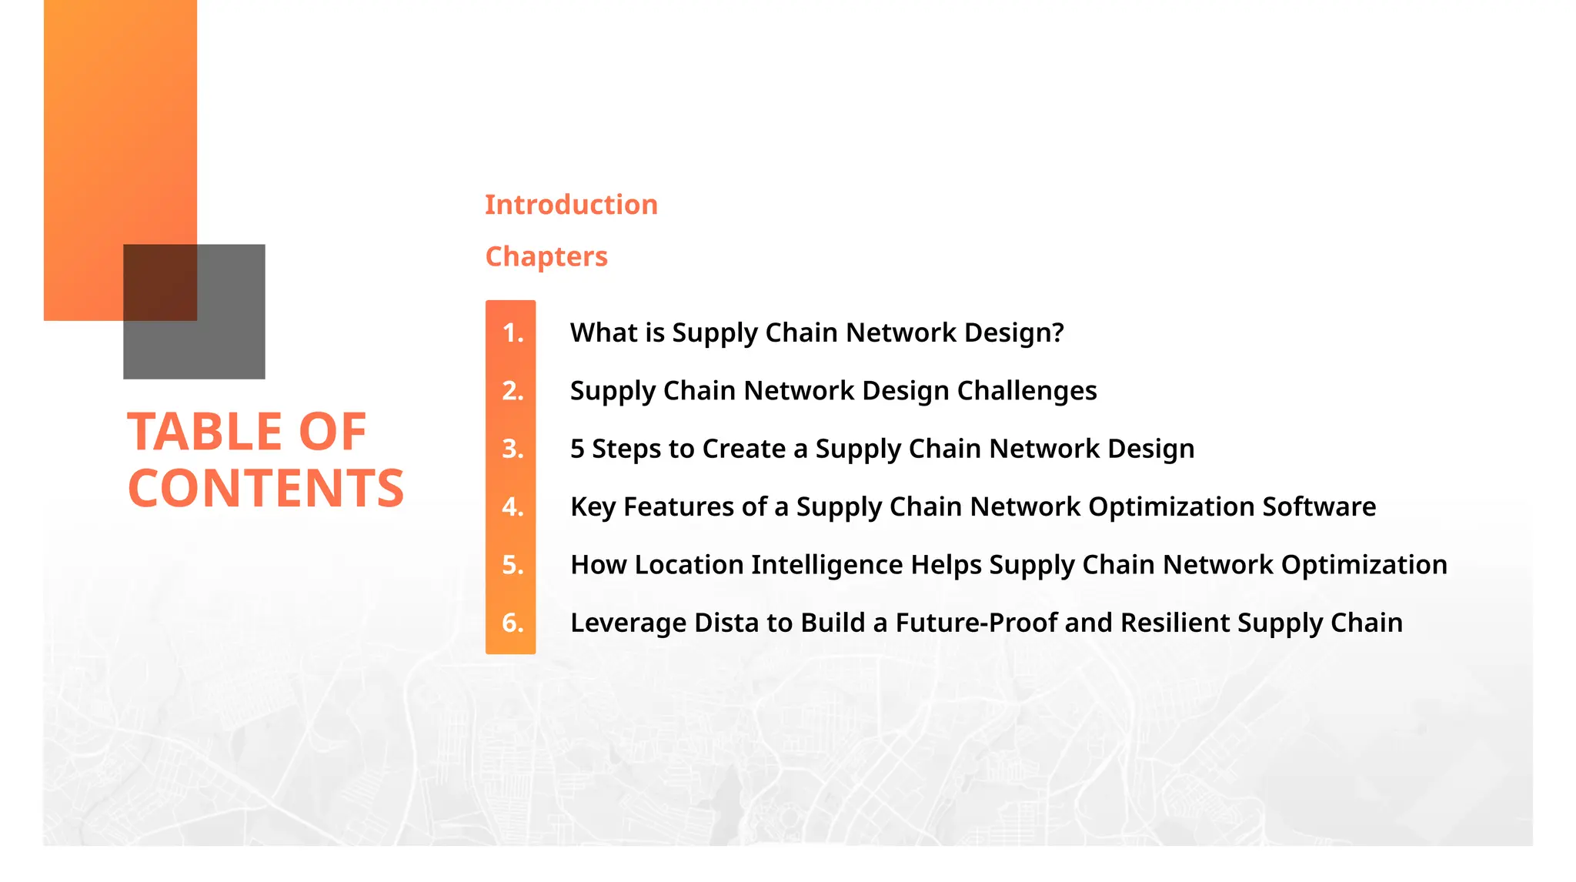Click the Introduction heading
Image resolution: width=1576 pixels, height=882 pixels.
(x=571, y=205)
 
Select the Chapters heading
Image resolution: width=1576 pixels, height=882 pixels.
(x=546, y=256)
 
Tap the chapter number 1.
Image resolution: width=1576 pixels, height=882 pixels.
(x=513, y=332)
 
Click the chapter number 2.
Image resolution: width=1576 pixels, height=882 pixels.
(x=513, y=391)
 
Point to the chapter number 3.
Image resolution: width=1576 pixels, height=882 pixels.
(x=513, y=449)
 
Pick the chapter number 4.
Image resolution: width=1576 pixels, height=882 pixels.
(x=513, y=507)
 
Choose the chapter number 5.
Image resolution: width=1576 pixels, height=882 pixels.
(x=513, y=565)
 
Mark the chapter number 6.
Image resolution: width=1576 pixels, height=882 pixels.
(x=513, y=623)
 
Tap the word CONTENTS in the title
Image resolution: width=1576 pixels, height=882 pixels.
(x=265, y=489)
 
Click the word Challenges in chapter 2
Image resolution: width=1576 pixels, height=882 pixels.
(x=1027, y=391)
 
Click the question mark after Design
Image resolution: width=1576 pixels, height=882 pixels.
(x=1057, y=332)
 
